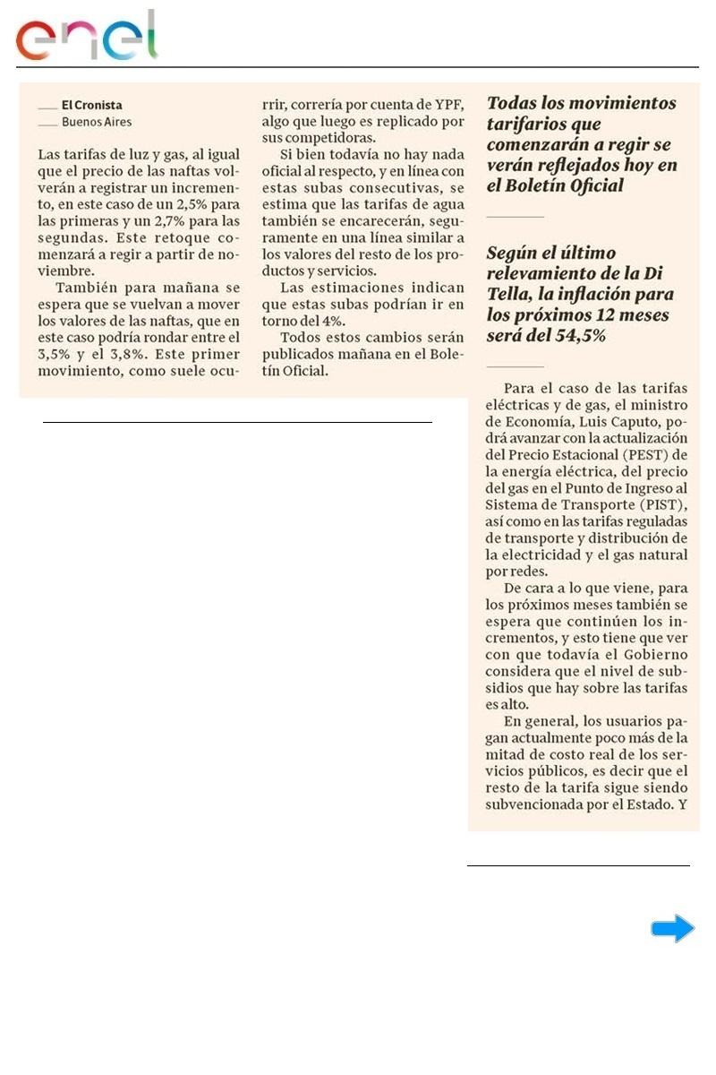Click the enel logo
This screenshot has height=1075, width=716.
(x=86, y=36)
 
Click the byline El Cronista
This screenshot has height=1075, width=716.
(x=92, y=105)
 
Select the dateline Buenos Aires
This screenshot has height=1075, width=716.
(x=97, y=122)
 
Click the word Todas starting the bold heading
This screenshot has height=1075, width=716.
(x=514, y=103)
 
